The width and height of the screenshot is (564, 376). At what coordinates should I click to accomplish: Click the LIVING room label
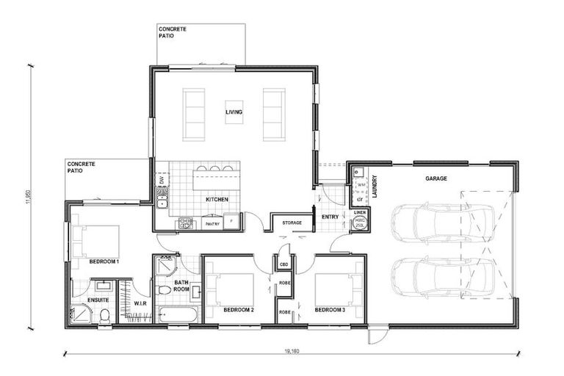[x=234, y=112]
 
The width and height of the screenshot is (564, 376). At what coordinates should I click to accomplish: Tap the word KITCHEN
[x=217, y=200]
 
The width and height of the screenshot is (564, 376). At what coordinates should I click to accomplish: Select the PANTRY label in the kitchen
[x=212, y=224]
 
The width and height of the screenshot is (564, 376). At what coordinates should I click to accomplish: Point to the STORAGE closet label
[x=292, y=222]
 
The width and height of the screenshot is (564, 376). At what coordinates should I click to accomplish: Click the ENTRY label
[x=330, y=217]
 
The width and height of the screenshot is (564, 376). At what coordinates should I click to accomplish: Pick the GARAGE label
[x=436, y=178]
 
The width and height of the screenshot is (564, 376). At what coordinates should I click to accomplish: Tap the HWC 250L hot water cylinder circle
[x=360, y=223]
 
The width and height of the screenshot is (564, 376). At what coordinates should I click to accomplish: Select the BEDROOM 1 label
[x=104, y=261]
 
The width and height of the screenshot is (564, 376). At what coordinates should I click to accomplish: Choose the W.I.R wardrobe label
[x=140, y=303]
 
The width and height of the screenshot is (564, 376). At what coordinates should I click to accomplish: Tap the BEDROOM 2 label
[x=239, y=310]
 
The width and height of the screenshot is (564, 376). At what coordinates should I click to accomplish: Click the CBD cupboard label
[x=283, y=262]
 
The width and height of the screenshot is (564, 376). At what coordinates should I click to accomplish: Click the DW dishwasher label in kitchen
[x=161, y=180]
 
